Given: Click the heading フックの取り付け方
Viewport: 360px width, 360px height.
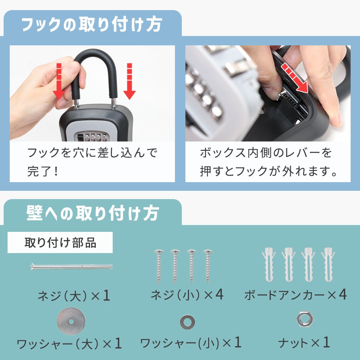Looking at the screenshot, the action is [x=92, y=24].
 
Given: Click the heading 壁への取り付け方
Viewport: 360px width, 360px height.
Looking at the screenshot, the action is [x=93, y=213].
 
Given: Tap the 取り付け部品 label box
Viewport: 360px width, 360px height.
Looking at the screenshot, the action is [x=60, y=242].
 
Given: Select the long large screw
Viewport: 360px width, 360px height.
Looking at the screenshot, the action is [x=71, y=267].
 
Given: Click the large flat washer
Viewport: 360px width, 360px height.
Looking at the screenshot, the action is [x=71, y=321].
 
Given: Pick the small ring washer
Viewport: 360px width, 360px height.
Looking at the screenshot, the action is [x=187, y=321].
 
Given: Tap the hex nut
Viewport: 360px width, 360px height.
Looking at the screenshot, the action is [x=305, y=319].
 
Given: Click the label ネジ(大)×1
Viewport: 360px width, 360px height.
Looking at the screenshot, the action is [x=74, y=296].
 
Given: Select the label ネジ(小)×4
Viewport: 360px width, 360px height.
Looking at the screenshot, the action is [x=187, y=294].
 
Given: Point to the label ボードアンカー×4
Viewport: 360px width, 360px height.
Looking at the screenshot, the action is [x=296, y=294].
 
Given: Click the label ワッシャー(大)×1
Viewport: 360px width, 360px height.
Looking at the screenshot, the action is [x=69, y=344].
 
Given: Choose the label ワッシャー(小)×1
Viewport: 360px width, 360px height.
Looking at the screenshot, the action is [x=191, y=343].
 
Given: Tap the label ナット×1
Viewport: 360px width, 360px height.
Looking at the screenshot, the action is [x=304, y=343].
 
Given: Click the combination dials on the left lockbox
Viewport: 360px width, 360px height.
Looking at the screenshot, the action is [x=96, y=137].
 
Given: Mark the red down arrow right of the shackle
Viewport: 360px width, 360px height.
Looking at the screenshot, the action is [x=130, y=81].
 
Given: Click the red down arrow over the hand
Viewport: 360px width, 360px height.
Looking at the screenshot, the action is [x=59, y=81].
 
